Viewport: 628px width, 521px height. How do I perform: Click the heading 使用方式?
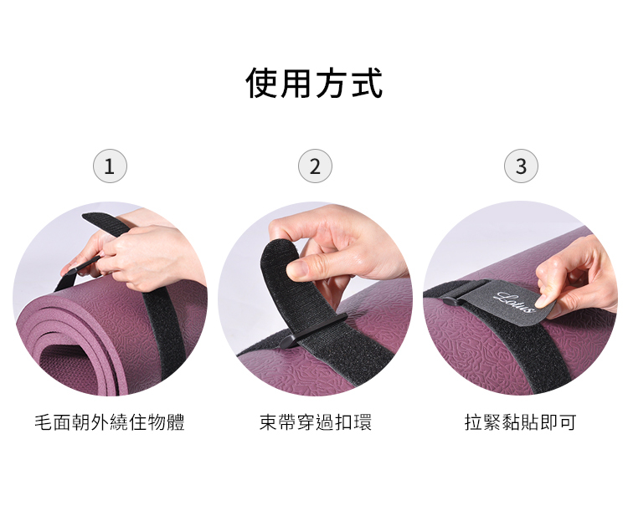pos(314,83)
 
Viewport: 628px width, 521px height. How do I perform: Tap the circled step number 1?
pos(110,166)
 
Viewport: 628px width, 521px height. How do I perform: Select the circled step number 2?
pos(315,166)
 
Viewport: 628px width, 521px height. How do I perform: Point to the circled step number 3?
pos(521,166)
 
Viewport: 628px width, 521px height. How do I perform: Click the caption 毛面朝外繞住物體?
pos(110,422)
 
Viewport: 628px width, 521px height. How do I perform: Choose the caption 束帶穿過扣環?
pos(316,422)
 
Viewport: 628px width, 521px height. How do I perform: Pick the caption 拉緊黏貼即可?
pos(521,422)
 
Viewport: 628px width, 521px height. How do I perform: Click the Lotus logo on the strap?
pos(515,302)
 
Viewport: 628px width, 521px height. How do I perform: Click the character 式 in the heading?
pos(367,83)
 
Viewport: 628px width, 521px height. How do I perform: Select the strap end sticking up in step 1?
pos(107,225)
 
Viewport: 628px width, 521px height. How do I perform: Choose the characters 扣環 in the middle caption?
pos(353,422)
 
